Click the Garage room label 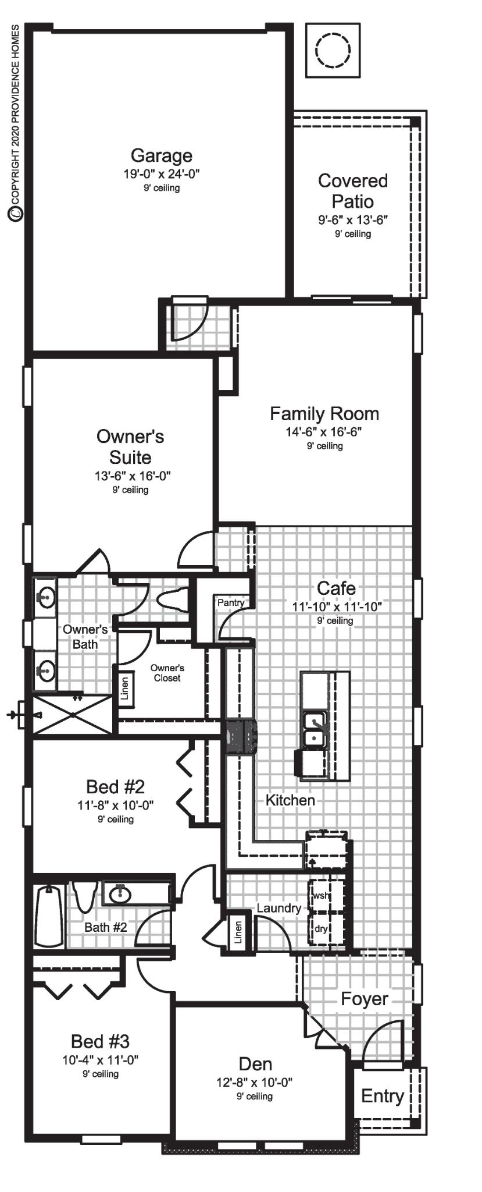pyautogui.click(x=161, y=155)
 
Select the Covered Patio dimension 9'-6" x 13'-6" pyautogui.click(x=352, y=220)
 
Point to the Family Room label pyautogui.click(x=324, y=414)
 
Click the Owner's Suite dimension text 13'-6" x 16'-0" pyautogui.click(x=132, y=476)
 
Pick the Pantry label pyautogui.click(x=230, y=602)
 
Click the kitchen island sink pyautogui.click(x=315, y=729)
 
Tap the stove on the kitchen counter pyautogui.click(x=241, y=737)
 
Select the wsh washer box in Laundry pyautogui.click(x=322, y=896)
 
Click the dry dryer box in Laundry pyautogui.click(x=322, y=928)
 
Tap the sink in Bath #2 pyautogui.click(x=120, y=894)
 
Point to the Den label pyautogui.click(x=255, y=1064)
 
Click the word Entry pyautogui.click(x=382, y=1096)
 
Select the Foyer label pyautogui.click(x=364, y=999)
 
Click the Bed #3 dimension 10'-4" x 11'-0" pyautogui.click(x=100, y=1060)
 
